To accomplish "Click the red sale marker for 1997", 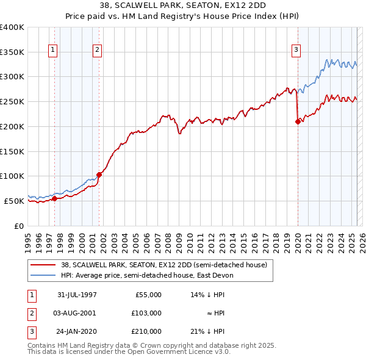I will pyautogui.click(x=54, y=198).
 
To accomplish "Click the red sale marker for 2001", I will pyautogui.click(x=98, y=175).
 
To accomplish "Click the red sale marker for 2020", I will pyautogui.click(x=298, y=121).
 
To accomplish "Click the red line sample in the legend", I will pyautogui.click(x=43, y=265).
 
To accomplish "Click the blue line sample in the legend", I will pyautogui.click(x=43, y=275).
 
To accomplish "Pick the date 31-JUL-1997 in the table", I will pyautogui.click(x=77, y=295).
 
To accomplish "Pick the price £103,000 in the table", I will pyautogui.click(x=146, y=313).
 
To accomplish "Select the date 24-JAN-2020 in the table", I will pyautogui.click(x=77, y=331).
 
